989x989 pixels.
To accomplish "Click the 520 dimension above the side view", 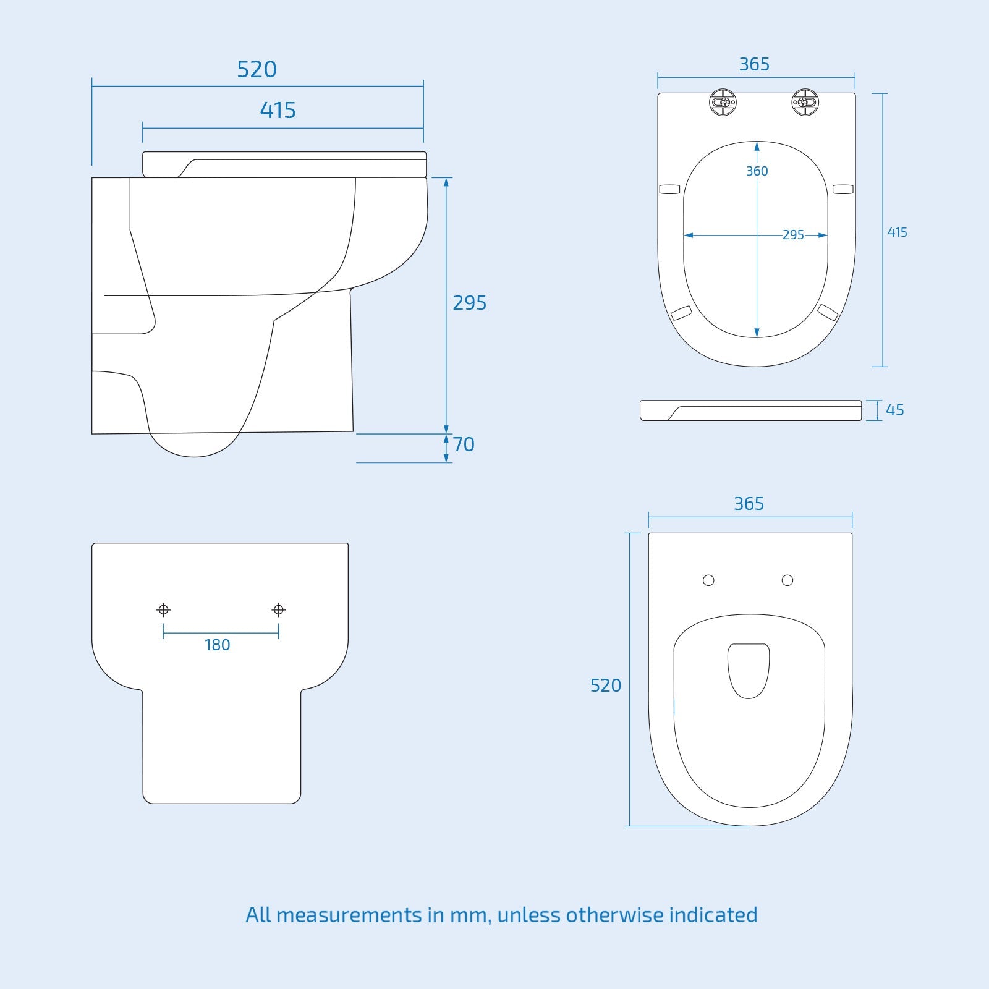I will tap(257, 69).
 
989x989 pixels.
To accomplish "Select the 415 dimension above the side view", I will tap(278, 111).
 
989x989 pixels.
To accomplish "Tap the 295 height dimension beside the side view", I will tap(469, 303).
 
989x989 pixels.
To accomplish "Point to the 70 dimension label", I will tap(464, 444).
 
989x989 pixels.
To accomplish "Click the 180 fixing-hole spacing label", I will tap(217, 645).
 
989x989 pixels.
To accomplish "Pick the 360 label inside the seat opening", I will tap(757, 171).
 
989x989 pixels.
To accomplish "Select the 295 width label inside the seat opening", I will tap(793, 235).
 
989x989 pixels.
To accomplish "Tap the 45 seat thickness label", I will tap(894, 410).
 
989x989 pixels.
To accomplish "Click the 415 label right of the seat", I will tap(897, 232).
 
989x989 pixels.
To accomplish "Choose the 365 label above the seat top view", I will tap(754, 64).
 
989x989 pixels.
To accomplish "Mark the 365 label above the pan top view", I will tap(749, 504).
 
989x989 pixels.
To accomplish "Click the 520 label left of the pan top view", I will tap(605, 686).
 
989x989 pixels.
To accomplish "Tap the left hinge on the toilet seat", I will tap(723, 102).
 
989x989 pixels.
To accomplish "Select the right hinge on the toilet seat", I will tap(805, 102).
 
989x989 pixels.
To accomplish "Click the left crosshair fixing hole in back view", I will tap(163, 610).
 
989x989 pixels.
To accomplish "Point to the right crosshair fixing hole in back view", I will tap(278, 610).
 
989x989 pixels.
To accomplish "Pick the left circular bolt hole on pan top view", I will tap(708, 580).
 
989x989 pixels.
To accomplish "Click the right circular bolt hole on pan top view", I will tap(787, 580).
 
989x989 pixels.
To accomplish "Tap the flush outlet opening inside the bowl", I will tap(749, 670).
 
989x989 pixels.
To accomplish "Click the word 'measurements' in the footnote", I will tap(349, 915).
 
